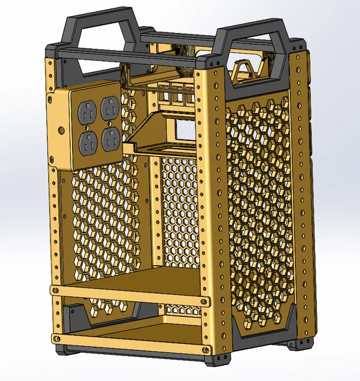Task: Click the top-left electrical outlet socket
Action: tap(86, 112)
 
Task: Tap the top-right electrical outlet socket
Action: tap(109, 107)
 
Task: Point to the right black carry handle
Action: tap(256, 37)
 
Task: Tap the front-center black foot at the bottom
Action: tap(219, 360)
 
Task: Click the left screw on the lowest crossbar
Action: tap(57, 337)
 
